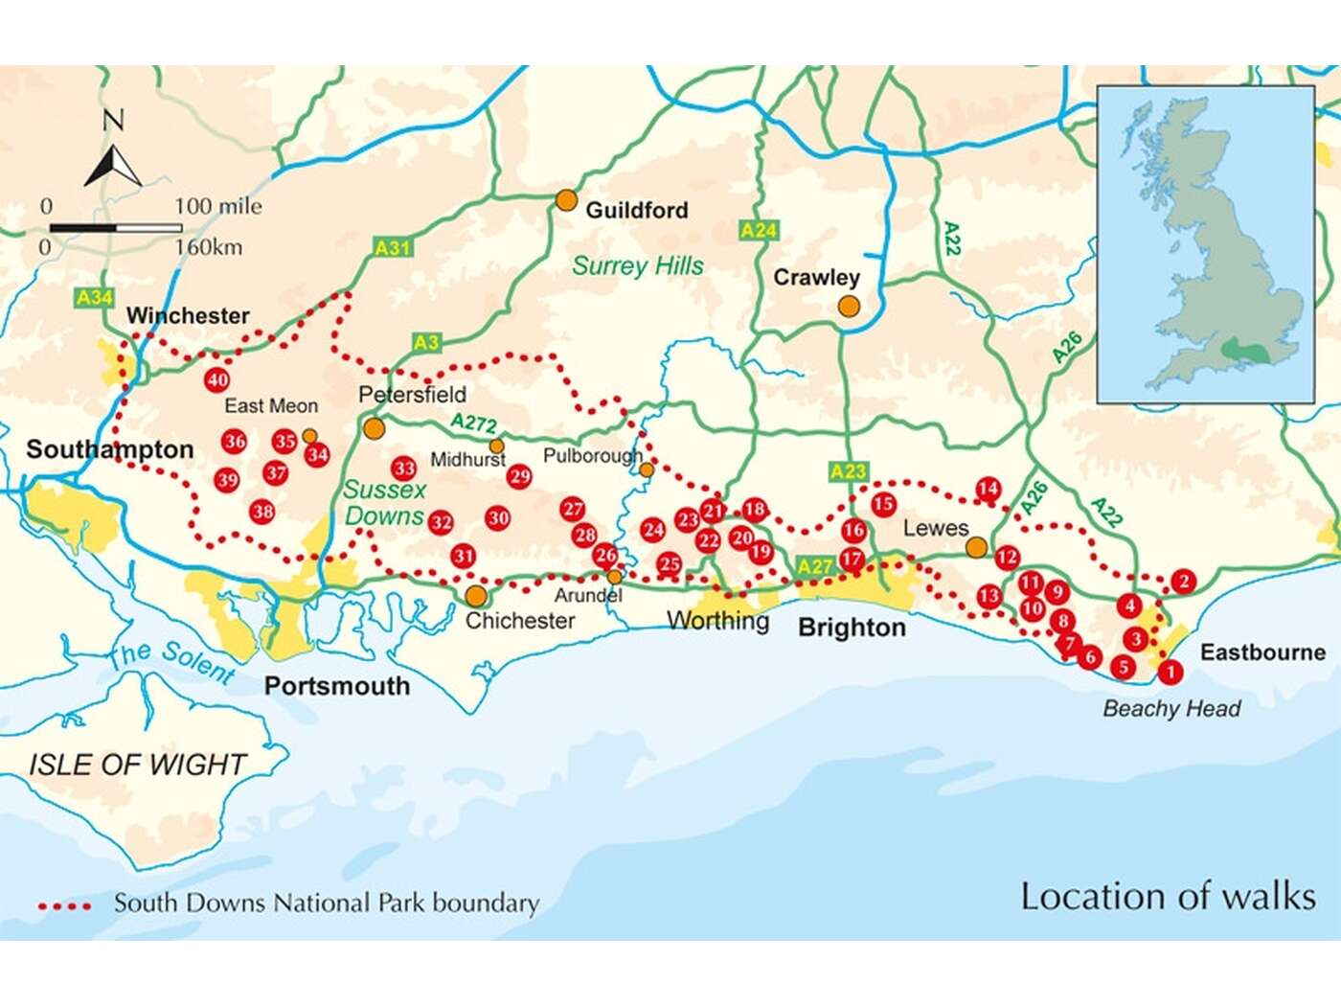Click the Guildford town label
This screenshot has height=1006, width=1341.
[636, 210]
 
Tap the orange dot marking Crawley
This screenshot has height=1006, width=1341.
[849, 306]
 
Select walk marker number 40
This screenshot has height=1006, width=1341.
[217, 379]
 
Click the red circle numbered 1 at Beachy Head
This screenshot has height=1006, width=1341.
[1170, 673]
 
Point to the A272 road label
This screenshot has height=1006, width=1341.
[474, 423]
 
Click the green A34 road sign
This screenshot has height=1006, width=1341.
[95, 298]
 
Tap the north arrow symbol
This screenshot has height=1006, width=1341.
[113, 163]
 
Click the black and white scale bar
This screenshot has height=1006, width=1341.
[116, 228]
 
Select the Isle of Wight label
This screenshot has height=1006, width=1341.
[138, 765]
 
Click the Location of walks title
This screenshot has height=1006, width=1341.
[1168, 896]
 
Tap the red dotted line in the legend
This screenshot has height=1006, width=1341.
[64, 904]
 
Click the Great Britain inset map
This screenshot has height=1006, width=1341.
[1205, 244]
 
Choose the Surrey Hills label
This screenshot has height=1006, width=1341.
[638, 265]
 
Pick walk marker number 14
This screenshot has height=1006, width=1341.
[988, 489]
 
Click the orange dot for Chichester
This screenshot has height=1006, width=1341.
[476, 596]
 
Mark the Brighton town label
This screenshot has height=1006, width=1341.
[852, 628]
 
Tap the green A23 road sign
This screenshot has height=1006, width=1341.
[848, 470]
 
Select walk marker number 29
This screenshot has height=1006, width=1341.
[519, 476]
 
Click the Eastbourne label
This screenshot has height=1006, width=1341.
[1262, 652]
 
